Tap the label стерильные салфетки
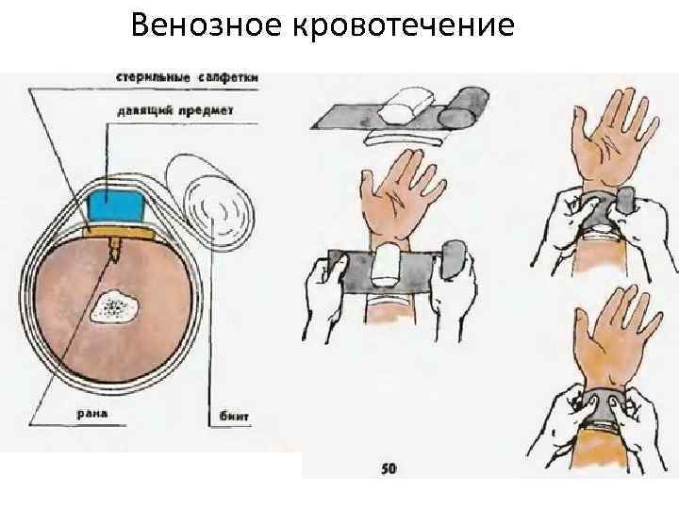[x=189, y=77]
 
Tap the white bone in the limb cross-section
[x=115, y=304]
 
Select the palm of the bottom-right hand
[x=604, y=353]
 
